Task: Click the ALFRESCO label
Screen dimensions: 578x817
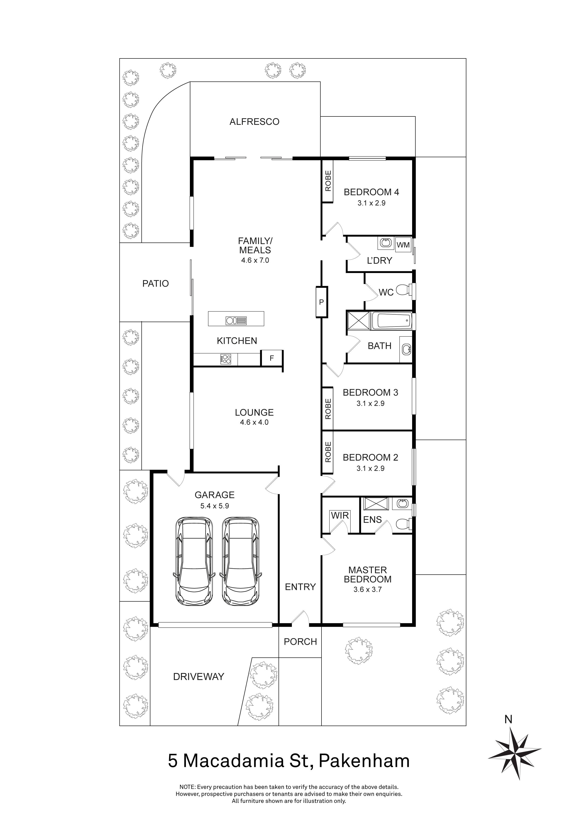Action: [x=254, y=122]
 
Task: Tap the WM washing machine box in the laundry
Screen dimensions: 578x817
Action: [x=403, y=245]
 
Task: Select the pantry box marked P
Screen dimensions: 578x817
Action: [x=321, y=302]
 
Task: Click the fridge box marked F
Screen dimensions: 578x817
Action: [x=272, y=358]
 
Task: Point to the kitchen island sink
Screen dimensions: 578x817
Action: [x=236, y=321]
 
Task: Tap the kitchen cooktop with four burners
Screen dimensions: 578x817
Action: [x=226, y=359]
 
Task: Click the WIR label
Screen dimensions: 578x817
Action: [x=340, y=515]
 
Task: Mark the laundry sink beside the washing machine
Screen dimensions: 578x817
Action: [x=386, y=243]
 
